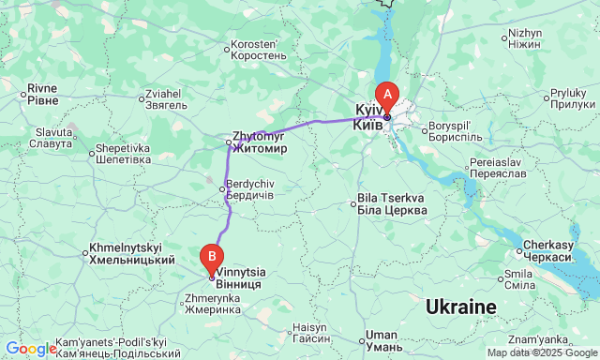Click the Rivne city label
pyautogui.click(x=42, y=94)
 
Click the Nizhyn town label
pyautogui.click(x=524, y=38)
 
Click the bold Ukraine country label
pyautogui.click(x=460, y=307)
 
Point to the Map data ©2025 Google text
pyautogui.click(x=542, y=353)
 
